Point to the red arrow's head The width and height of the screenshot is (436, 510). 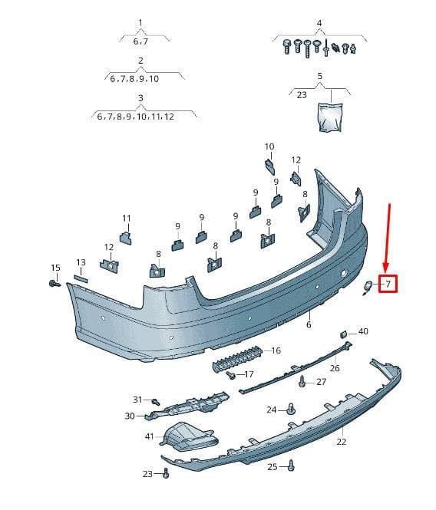[386, 268]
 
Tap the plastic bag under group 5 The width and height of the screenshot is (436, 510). [330, 117]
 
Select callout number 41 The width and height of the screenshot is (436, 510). [149, 436]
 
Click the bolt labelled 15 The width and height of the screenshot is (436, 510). [54, 284]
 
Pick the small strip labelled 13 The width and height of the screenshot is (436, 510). [81, 278]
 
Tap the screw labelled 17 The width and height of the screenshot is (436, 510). [231, 376]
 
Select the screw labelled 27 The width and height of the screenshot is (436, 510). [302, 382]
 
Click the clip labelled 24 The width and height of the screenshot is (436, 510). [291, 410]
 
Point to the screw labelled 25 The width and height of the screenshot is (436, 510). [292, 466]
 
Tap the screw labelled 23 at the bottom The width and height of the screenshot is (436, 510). [166, 473]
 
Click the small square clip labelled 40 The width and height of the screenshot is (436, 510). [344, 334]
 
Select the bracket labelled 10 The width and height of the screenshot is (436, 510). [269, 166]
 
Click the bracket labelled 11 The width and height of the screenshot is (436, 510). [126, 238]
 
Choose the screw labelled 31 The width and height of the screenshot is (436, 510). [156, 401]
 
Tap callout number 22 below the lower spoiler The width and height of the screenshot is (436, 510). [342, 442]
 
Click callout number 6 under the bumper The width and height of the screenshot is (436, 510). [309, 324]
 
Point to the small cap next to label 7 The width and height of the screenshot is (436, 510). [368, 287]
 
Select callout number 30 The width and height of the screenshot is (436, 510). [130, 416]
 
